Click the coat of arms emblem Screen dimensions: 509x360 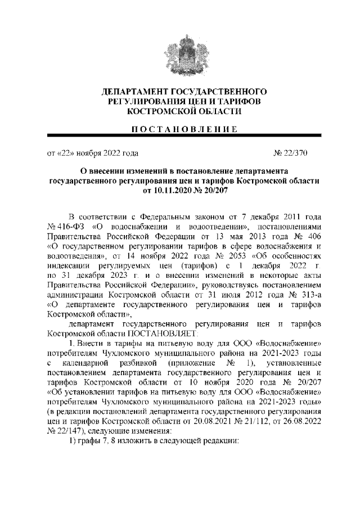point(180,53)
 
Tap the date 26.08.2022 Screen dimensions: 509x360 point(297,421)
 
